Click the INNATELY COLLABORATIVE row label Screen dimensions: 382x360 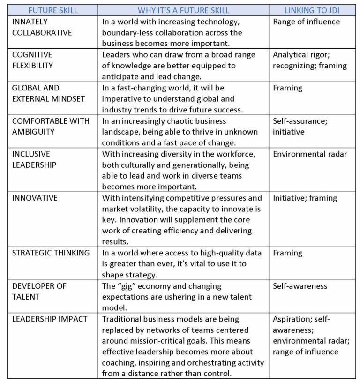[x=42, y=27]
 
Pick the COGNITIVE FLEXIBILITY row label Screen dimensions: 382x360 [x=33, y=60]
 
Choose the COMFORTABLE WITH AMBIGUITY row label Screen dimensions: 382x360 [x=51, y=126]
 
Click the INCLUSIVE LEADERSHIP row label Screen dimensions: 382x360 [x=34, y=159]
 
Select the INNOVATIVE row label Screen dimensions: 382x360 [x=35, y=198]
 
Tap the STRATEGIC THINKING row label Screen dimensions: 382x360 [x=51, y=253]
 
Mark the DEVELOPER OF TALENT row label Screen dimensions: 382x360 [x=39, y=291]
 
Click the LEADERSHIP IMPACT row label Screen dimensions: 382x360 [x=50, y=319]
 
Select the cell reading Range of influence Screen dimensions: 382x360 [x=307, y=22]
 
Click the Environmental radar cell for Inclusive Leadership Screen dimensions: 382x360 [x=310, y=154]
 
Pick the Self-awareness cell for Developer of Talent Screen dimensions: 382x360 [x=300, y=286]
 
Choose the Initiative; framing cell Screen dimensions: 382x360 [x=305, y=198]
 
